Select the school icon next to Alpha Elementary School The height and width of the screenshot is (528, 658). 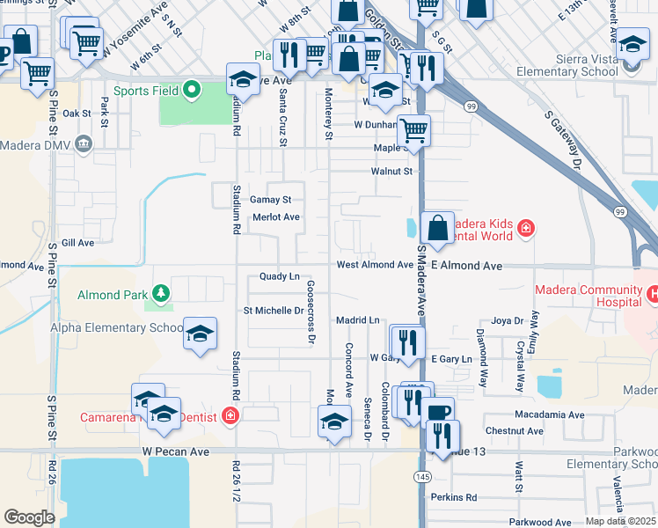pos(201,334)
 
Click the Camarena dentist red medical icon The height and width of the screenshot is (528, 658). pos(230,415)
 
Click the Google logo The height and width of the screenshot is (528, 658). pos(30,517)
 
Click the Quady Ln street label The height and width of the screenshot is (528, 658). pos(280,276)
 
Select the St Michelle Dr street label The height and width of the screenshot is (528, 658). pos(274,311)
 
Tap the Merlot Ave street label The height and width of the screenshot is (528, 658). pos(276,217)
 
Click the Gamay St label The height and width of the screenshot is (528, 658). pos(264,200)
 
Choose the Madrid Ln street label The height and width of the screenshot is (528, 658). pos(357,320)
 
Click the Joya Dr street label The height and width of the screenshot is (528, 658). pos(507,320)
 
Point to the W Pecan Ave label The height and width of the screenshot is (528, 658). pos(176,451)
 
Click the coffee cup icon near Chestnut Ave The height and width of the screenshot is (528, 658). pos(437,413)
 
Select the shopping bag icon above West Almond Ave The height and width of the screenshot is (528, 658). pos(437,229)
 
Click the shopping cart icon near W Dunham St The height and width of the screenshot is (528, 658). pos(413,131)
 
